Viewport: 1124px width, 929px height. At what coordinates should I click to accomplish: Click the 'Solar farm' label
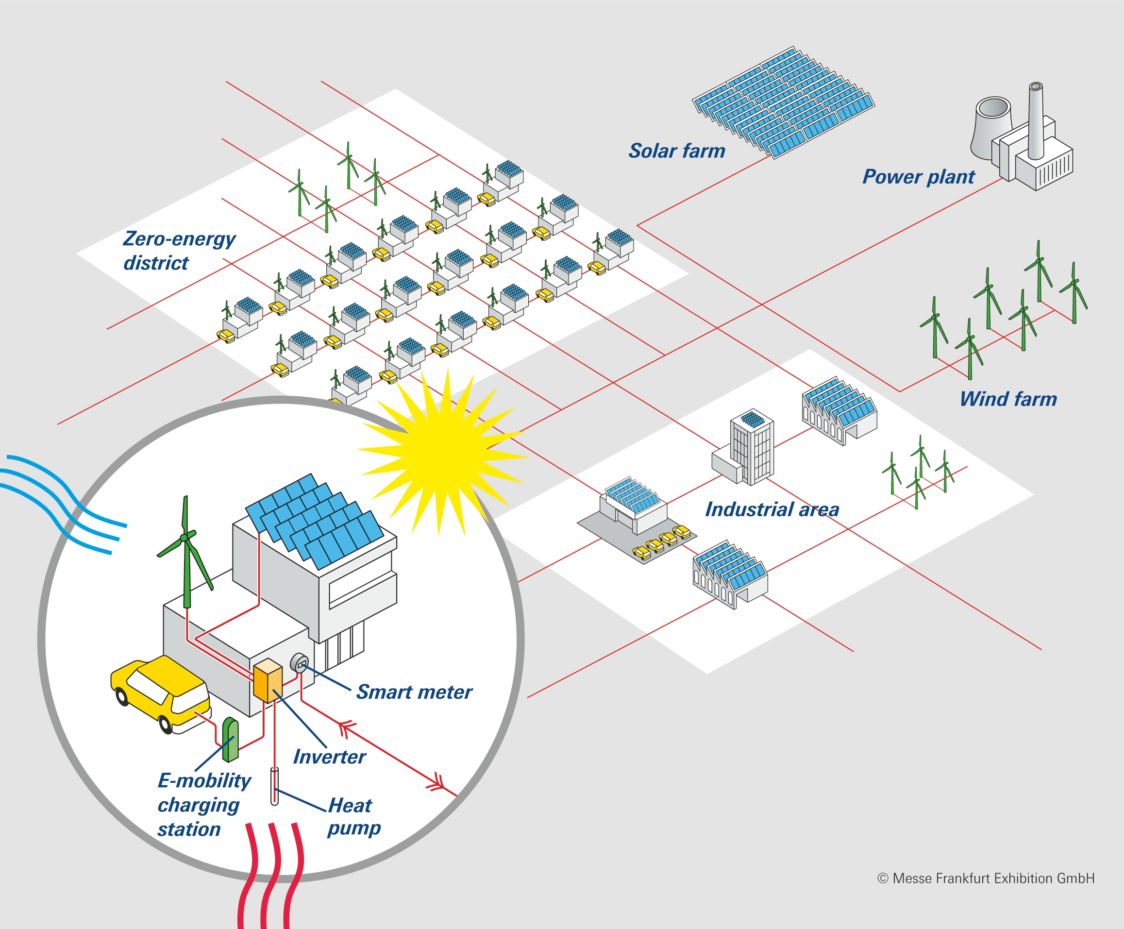click(677, 152)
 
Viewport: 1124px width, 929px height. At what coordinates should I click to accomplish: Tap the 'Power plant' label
click(918, 177)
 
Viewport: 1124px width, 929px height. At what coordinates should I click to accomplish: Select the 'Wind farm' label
click(1008, 399)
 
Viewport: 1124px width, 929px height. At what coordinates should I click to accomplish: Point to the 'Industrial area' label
click(772, 509)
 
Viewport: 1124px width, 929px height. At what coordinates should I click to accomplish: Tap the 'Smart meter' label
click(414, 693)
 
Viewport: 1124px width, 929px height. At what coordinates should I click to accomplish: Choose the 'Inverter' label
click(329, 757)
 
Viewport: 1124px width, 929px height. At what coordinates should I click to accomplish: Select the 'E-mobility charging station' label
click(203, 805)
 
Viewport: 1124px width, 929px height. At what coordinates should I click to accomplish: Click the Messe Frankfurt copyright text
click(986, 878)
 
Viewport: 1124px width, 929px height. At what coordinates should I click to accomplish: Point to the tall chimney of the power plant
click(1036, 120)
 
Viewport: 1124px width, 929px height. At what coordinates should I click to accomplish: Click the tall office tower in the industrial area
click(752, 450)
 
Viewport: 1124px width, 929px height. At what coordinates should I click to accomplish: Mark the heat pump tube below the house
click(274, 786)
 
